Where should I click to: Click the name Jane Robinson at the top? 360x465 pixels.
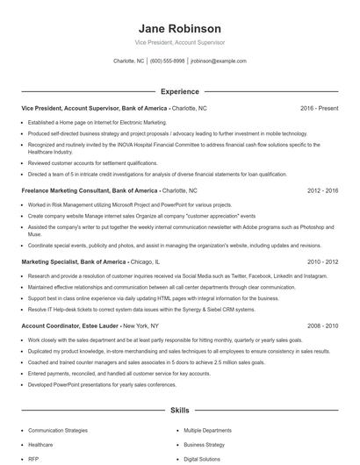coord(179,28)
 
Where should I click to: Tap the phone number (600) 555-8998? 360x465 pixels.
coord(167,61)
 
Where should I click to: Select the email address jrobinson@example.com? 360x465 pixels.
coord(219,61)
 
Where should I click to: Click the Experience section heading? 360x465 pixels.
coord(179,91)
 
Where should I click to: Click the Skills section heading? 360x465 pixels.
coord(179,410)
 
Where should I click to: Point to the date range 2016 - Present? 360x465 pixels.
coord(319,108)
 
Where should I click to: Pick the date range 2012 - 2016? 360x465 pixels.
coord(320,190)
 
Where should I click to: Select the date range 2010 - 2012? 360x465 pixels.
coord(320,261)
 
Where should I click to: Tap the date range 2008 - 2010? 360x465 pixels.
coord(320,325)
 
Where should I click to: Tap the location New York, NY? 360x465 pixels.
coord(148,325)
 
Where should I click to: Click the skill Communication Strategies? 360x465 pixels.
coord(58,431)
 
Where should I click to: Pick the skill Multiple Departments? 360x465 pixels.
coord(207,431)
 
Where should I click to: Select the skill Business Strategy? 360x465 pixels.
coord(204,445)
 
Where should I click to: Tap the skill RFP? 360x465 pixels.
coord(34,459)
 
